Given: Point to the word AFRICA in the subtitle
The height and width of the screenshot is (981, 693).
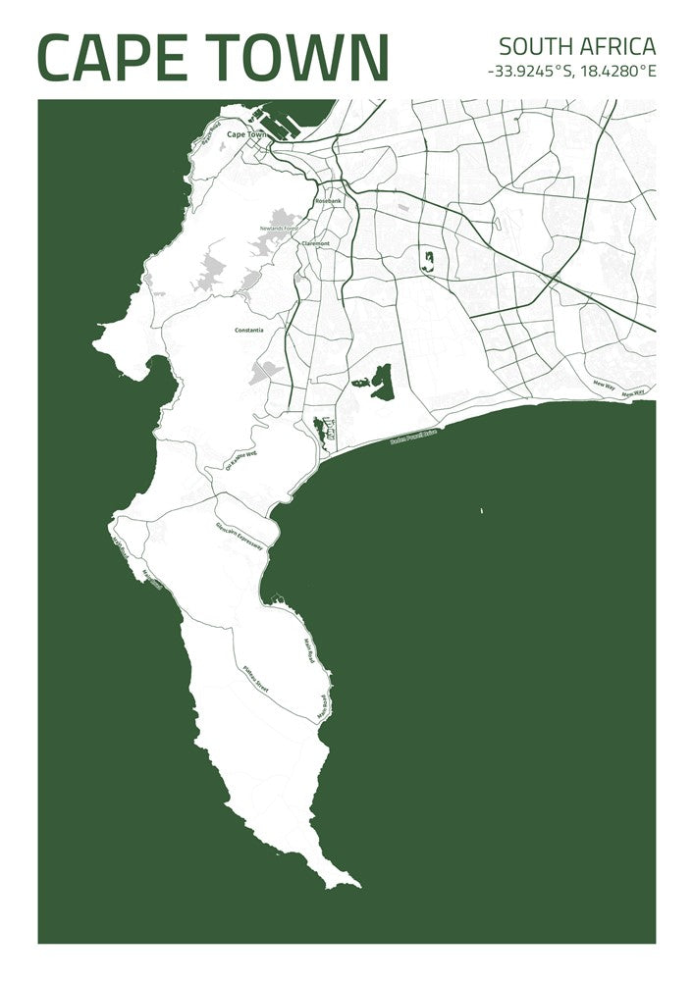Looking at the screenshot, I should [x=618, y=46].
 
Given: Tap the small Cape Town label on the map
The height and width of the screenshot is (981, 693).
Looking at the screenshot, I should [x=245, y=134].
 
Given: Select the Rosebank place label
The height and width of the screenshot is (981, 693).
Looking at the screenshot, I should [x=328, y=200].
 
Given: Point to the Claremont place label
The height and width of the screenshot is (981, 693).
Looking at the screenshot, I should [x=315, y=242].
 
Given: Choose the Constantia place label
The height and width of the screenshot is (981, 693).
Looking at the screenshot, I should [x=248, y=330].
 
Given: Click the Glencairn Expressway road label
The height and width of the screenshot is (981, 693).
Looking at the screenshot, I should [x=240, y=536].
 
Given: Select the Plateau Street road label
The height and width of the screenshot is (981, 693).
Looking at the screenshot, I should [x=255, y=680].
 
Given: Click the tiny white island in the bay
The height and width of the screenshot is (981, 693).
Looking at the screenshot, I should [x=482, y=510].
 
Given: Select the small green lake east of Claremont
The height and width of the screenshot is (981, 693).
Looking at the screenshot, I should [x=428, y=260].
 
